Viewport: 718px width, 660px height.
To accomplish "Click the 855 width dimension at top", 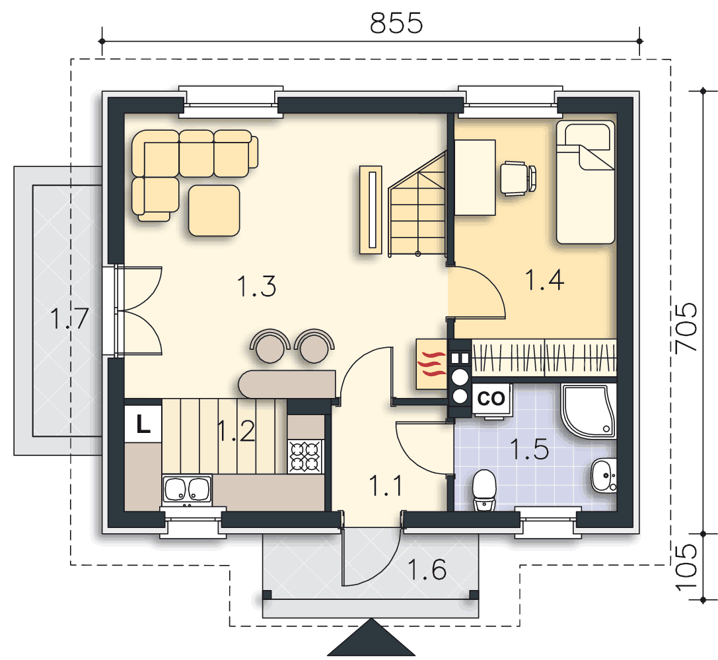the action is click(x=396, y=23).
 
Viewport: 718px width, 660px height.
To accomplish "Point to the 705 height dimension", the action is click(x=686, y=327).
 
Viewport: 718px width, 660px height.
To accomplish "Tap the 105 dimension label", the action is click(x=686, y=567).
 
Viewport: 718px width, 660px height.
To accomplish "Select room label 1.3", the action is click(x=256, y=286).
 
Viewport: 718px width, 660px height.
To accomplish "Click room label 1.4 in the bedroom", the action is click(x=544, y=280).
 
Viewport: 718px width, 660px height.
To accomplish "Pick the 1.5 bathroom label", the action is click(x=529, y=449).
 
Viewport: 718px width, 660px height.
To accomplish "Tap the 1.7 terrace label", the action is click(x=69, y=318).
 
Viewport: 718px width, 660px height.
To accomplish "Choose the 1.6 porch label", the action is click(x=427, y=570).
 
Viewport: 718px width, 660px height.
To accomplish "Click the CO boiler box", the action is click(x=491, y=399).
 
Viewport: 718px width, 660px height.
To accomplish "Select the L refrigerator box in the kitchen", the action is click(x=143, y=424).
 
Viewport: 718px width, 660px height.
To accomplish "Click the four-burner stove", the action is click(x=305, y=457).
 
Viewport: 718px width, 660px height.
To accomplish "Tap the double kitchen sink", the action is click(x=187, y=490).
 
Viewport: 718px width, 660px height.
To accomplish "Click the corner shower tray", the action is click(x=589, y=411).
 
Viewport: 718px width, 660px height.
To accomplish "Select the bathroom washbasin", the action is click(x=604, y=475).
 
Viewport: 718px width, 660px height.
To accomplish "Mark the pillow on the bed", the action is click(x=587, y=137).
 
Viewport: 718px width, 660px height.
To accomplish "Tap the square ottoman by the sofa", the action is click(x=214, y=211).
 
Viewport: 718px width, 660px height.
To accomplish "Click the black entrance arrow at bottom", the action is click(x=371, y=640).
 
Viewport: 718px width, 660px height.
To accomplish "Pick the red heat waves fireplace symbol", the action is click(x=432, y=364).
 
